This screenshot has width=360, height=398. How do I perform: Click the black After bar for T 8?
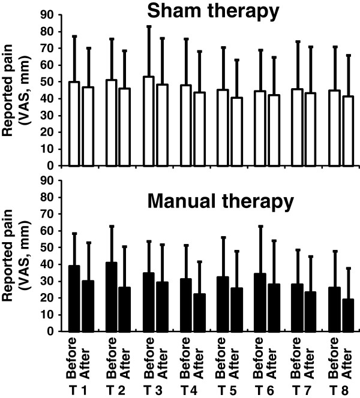point(348,315)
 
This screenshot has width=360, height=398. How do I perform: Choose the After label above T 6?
point(274,357)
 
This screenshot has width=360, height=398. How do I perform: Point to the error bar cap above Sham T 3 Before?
point(149,26)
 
